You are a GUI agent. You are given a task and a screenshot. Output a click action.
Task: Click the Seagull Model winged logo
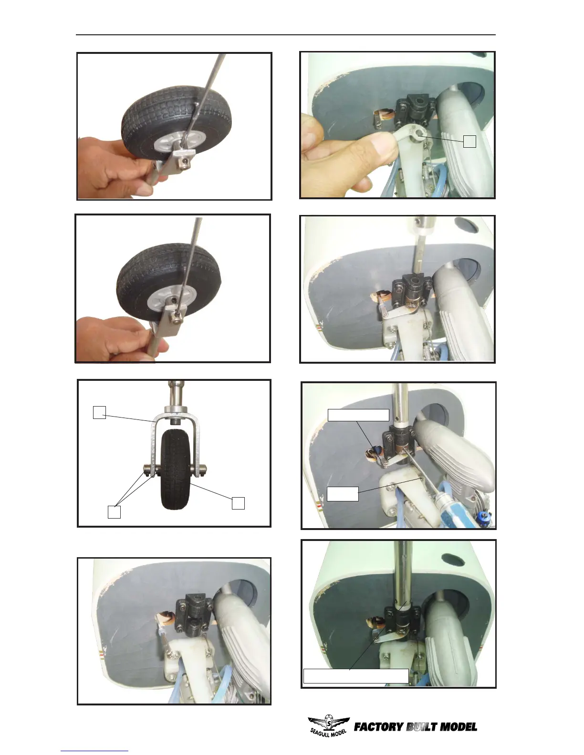[329, 725]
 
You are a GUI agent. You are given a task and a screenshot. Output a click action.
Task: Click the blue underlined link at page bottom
[94, 751]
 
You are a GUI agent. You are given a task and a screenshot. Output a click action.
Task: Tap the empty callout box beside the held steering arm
[469, 142]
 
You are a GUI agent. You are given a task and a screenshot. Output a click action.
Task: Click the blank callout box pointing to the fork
[99, 412]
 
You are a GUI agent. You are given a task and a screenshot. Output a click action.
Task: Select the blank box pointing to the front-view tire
[238, 503]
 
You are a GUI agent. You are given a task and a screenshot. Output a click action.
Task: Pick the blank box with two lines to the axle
[114, 512]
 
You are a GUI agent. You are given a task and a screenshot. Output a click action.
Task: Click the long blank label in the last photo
[356, 676]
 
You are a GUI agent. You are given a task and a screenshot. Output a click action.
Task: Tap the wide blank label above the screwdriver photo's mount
[358, 415]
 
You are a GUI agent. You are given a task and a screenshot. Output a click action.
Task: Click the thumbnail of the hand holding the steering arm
[397, 125]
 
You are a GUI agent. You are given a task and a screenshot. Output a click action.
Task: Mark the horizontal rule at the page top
[286, 35]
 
